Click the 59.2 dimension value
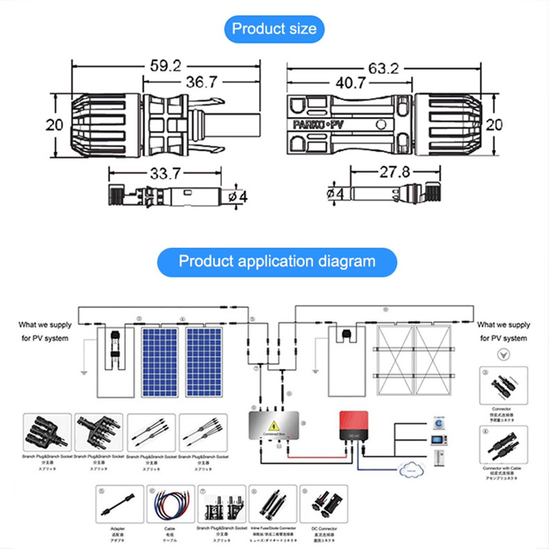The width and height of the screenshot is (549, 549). click(165, 66)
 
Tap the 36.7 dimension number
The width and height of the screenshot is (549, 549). click(201, 82)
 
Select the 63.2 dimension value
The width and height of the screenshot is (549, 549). click(383, 69)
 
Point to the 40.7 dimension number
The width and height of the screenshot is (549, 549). click(350, 83)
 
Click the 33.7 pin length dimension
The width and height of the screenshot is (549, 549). click(165, 173)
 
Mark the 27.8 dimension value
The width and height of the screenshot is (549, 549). click(395, 172)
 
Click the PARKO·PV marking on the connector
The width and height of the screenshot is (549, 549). click(318, 125)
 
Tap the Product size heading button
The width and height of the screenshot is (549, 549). click(274, 29)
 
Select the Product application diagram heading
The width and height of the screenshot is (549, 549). click(277, 262)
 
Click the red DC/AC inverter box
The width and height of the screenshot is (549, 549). click(354, 425)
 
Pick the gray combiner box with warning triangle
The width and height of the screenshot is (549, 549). click(274, 426)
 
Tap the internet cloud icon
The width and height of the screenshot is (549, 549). click(412, 469)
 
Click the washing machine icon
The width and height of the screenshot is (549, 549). click(439, 423)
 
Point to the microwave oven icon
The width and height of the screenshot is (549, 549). click(439, 440)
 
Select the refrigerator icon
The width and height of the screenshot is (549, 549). click(439, 458)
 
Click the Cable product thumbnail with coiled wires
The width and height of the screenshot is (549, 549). click(171, 504)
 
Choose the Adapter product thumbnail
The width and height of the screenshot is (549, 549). click(119, 504)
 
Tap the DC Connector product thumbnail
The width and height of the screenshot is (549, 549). click(324, 504)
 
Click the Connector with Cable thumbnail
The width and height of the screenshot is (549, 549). click(503, 445)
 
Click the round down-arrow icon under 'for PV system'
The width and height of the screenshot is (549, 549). click(503, 354)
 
